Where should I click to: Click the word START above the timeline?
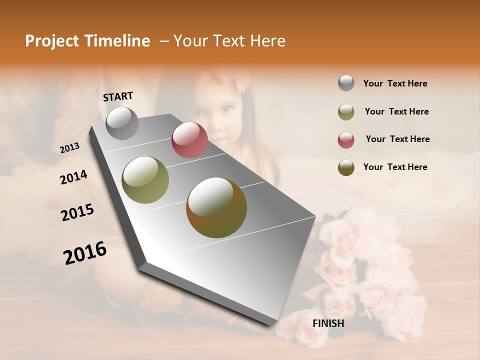(x=118, y=96)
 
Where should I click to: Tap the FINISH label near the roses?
(x=328, y=323)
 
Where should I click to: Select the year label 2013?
(x=69, y=148)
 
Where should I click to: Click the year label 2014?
(x=73, y=177)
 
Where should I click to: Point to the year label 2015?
(x=77, y=212)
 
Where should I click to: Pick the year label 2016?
(x=85, y=252)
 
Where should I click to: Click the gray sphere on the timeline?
(x=122, y=123)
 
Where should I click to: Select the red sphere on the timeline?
(x=189, y=140)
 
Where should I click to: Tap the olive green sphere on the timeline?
(x=145, y=180)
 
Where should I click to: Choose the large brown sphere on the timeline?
(x=216, y=207)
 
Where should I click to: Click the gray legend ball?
(x=346, y=83)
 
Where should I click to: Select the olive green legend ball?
(x=346, y=112)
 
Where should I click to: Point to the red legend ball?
(x=346, y=140)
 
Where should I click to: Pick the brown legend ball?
(x=346, y=167)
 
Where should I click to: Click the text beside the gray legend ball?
(x=395, y=83)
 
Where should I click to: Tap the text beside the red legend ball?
(x=397, y=139)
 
